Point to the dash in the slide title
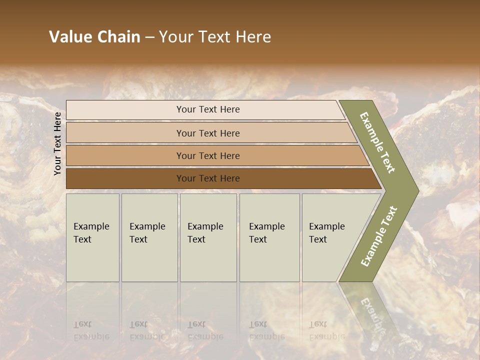tap(149, 37)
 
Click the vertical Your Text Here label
tap(57, 143)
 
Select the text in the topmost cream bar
tap(208, 109)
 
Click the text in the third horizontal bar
tap(208, 156)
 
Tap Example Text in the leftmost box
tap(91, 233)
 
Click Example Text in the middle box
tap(205, 233)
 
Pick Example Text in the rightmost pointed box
tap(326, 233)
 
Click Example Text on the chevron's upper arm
tap(378, 142)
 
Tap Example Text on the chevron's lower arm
tap(378, 236)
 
